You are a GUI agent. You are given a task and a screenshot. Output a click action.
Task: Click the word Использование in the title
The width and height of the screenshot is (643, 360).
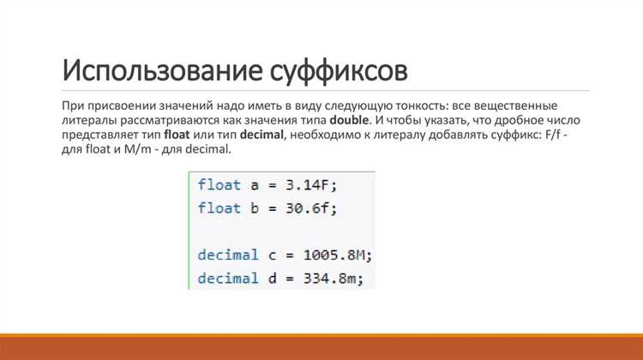pos(162,70)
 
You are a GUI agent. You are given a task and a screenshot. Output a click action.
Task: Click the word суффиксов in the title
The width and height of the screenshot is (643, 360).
pos(339,71)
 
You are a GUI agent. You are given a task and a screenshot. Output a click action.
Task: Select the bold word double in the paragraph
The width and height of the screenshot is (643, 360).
pos(349,120)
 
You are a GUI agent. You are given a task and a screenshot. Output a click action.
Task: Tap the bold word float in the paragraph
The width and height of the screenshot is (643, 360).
pos(177,135)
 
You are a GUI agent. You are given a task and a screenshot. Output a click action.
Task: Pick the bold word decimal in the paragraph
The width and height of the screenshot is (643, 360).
pos(261,135)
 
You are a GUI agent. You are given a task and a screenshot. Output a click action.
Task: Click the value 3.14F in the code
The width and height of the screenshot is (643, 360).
pos(307,185)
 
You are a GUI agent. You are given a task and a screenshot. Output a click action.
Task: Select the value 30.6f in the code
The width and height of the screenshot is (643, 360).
pos(307,208)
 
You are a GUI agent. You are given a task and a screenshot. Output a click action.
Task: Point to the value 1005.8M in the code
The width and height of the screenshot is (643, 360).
pos(334,255)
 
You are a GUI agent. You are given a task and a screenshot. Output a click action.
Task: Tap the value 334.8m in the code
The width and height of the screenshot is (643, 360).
pos(329,279)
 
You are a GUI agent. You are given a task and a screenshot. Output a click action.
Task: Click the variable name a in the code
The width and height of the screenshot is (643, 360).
pos(255,186)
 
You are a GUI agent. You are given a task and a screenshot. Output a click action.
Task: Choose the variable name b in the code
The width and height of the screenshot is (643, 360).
pos(255,208)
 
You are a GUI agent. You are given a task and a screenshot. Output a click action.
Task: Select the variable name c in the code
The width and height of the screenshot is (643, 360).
pos(273,255)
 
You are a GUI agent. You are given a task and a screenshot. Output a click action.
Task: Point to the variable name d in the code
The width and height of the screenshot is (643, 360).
pos(273,278)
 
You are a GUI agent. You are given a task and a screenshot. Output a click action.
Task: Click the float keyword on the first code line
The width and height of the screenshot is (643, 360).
pos(219,185)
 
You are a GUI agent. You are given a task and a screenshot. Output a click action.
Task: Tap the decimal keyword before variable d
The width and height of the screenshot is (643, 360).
pos(228,278)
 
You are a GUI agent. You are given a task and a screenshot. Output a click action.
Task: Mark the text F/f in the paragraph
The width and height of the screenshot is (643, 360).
pos(553,135)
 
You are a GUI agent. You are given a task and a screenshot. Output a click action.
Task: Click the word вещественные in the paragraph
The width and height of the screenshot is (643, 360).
pos(515,105)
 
